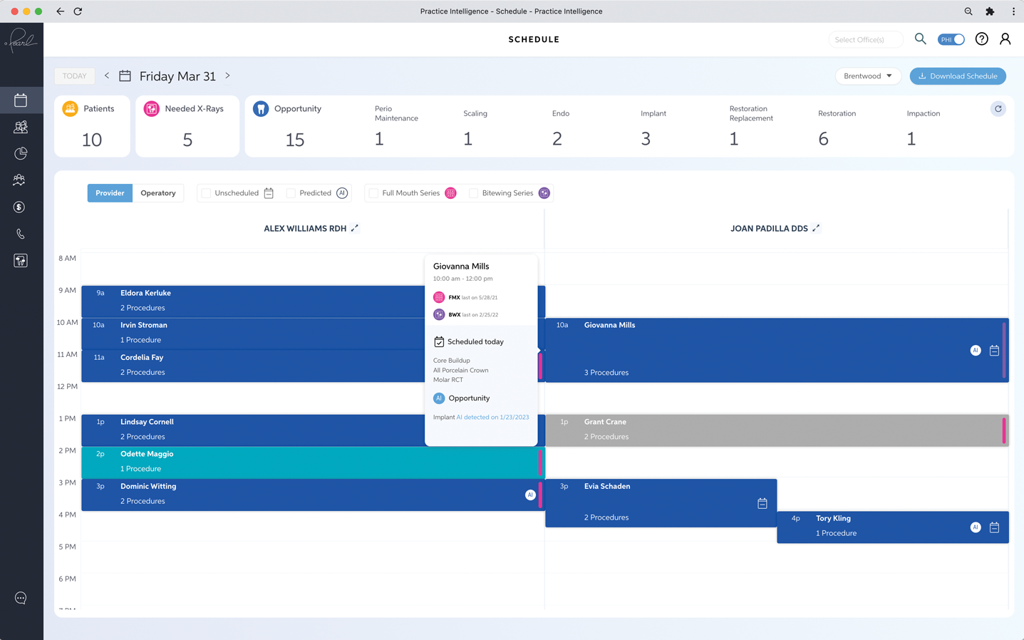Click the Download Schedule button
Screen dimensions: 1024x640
(958, 76)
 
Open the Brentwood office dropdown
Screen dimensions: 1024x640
(868, 76)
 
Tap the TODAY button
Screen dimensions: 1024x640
(75, 76)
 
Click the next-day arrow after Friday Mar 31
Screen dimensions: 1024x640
(227, 76)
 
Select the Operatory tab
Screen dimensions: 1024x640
(157, 193)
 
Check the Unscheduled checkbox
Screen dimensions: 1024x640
(206, 193)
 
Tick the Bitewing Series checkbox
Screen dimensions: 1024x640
(474, 193)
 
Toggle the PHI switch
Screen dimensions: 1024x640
(951, 40)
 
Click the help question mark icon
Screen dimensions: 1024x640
(981, 39)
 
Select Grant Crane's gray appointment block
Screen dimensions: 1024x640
(777, 430)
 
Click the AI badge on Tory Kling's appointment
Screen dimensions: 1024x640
(975, 527)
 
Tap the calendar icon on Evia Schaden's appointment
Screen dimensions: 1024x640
(762, 503)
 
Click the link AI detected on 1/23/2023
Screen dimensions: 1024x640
(492, 417)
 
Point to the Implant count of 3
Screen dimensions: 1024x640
(646, 138)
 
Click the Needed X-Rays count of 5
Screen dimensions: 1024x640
(187, 140)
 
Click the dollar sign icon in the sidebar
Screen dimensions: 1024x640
(19, 207)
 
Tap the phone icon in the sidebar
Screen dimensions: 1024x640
(21, 234)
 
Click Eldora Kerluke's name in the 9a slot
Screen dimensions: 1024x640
(145, 293)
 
